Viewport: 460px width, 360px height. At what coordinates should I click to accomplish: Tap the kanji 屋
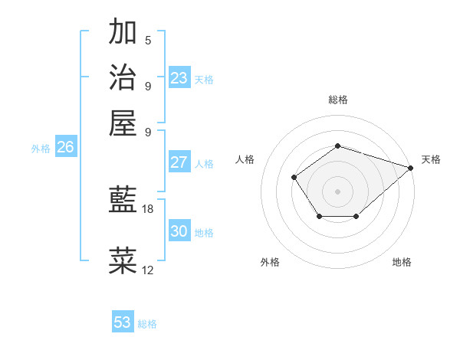click(123, 122)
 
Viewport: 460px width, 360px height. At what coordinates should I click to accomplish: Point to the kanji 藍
click(123, 201)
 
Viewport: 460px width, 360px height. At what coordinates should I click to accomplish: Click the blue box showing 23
click(179, 78)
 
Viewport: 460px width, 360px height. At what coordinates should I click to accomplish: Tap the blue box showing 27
click(179, 162)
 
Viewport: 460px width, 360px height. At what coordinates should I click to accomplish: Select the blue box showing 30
click(179, 231)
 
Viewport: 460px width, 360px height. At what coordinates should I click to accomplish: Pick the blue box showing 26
click(65, 148)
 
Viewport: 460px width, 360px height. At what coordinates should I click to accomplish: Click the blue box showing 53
click(123, 322)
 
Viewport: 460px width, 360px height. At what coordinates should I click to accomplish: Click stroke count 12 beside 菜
click(148, 270)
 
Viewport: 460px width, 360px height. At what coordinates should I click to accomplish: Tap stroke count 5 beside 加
click(148, 41)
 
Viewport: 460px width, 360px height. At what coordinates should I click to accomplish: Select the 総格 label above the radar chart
click(337, 100)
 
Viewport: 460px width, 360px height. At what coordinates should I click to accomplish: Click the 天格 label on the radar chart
click(431, 159)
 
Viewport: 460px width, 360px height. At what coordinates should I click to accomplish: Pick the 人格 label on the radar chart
click(245, 159)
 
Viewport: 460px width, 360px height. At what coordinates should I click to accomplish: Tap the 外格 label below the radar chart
click(270, 262)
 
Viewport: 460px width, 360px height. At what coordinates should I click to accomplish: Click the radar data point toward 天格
click(412, 167)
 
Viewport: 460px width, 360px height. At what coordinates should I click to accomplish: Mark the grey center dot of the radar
click(337, 191)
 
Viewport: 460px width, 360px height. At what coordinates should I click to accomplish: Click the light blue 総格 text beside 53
click(147, 324)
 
